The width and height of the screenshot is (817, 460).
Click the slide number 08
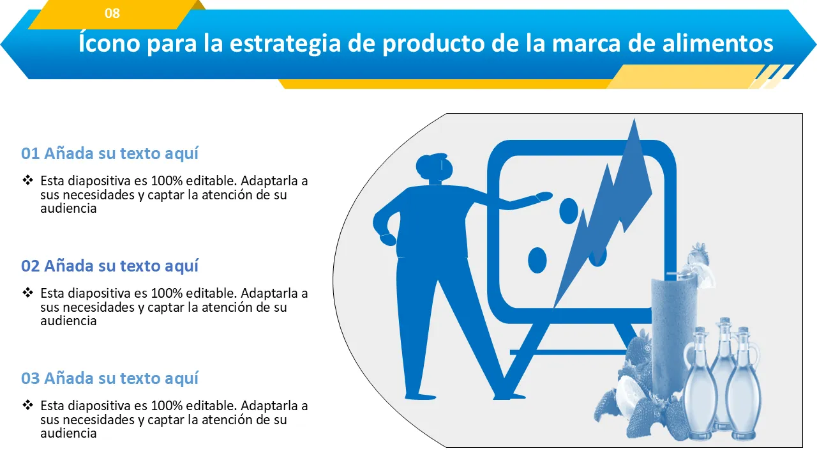pos(112,13)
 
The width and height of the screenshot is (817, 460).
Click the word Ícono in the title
pos(109,43)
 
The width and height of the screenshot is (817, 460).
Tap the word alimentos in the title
pos(717,43)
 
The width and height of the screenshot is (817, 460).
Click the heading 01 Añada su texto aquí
pos(110,153)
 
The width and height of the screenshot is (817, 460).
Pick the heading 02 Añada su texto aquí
pos(110,266)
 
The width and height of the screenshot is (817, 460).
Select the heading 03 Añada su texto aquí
pos(110,378)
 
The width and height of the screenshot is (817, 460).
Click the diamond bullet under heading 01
pos(27,180)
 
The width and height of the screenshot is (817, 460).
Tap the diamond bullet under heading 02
pos(27,293)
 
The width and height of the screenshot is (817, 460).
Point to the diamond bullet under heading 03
pos(27,405)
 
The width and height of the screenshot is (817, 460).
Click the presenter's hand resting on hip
pos(387,239)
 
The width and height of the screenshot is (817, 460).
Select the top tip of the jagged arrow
pos(634,119)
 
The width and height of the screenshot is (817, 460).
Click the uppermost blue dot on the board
pos(569,211)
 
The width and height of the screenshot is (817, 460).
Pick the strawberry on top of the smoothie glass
pos(698,255)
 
